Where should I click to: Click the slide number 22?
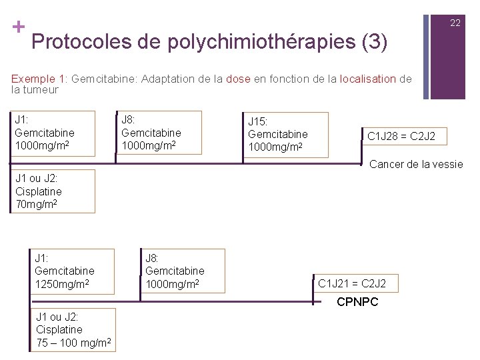tap(455, 23)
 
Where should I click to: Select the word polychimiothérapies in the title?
tap(261, 42)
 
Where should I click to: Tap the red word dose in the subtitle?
tap(238, 79)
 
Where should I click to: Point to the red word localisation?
tap(368, 79)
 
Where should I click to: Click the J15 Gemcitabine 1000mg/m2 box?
tap(285, 135)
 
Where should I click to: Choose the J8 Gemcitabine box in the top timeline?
tap(159, 132)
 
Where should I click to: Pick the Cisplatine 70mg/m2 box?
tap(53, 191)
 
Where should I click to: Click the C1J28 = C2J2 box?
tap(401, 136)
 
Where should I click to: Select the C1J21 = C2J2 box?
tap(352, 284)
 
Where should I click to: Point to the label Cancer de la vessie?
tap(416, 164)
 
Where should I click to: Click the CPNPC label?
tap(357, 302)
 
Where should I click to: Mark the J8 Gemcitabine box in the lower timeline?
tap(182, 271)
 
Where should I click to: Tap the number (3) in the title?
tap(374, 42)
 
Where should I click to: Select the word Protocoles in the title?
tap(82, 42)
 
